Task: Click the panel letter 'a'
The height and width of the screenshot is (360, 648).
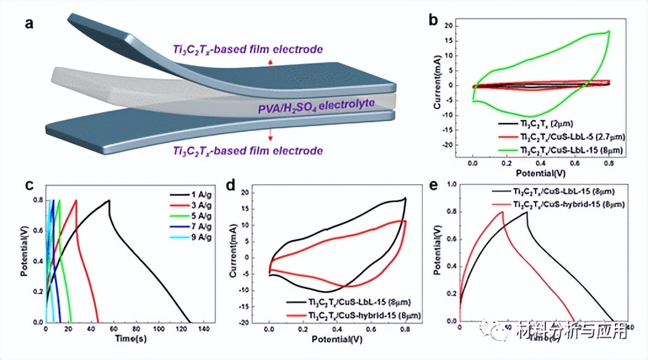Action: pos(29,25)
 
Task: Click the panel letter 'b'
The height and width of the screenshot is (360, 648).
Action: pos(433,19)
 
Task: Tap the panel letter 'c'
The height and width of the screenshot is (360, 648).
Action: pos(28,186)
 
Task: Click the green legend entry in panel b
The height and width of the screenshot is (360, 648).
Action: pos(553,149)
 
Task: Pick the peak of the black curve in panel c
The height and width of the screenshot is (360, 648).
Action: pos(109,200)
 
